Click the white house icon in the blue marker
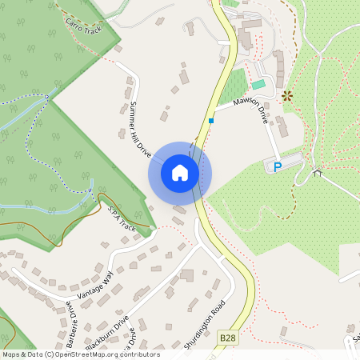(180, 172)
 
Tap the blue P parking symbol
(278, 167)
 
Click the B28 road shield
(228, 338)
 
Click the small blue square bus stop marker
(211, 121)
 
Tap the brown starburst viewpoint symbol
(287, 96)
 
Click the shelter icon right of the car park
(317, 172)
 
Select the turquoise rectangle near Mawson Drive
(258, 84)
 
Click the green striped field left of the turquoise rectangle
(232, 86)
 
